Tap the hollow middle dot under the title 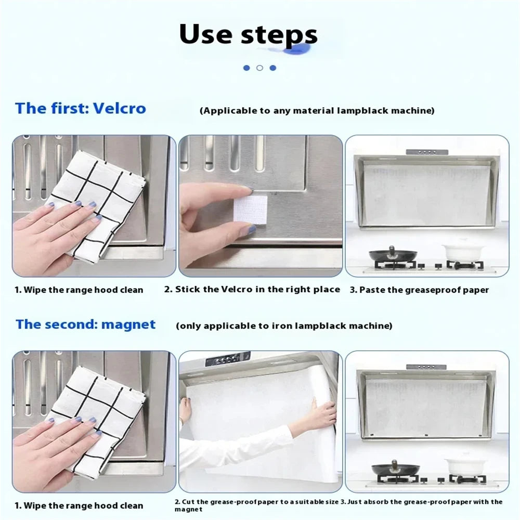pos(259,68)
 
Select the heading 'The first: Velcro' pos(81,109)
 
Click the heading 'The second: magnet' pos(85,324)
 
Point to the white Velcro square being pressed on pos(250,211)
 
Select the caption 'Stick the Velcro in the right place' pos(252,290)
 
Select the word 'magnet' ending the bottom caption pos(188,510)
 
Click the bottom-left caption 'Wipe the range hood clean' pos(79,505)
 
